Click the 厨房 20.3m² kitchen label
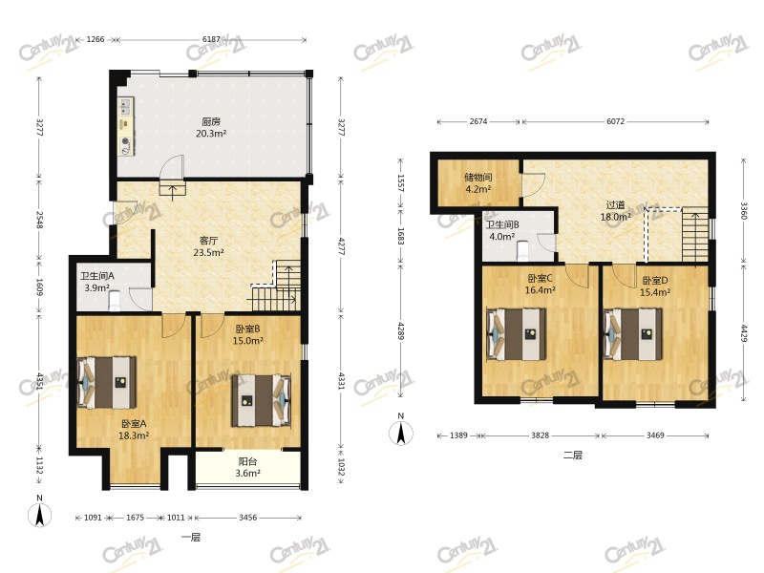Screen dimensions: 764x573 coord(211,127)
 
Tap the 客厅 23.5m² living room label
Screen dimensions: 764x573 coord(208,246)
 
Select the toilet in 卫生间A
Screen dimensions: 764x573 coord(115,300)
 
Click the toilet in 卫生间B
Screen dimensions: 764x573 coord(522,250)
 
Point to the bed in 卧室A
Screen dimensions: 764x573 coord(107,383)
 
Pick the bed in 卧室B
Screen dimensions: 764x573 coord(262,400)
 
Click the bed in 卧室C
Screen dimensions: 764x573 coord(517,334)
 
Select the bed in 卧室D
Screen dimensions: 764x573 coord(633,334)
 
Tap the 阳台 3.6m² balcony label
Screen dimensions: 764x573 coord(247,467)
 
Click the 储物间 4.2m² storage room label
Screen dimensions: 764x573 coord(478,182)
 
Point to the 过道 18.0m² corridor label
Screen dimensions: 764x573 coord(615,211)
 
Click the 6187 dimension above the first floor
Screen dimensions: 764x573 coord(211,39)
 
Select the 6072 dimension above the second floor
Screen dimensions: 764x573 coord(615,121)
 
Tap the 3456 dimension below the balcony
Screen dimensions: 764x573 coord(247,518)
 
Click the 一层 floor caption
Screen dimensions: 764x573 coord(191,537)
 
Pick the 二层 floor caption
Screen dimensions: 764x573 coord(573,456)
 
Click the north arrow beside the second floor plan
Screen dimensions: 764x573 coord(401,433)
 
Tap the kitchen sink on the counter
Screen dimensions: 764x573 coord(126,107)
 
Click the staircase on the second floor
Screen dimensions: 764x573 coord(695,235)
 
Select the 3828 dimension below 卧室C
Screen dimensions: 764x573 coord(540,435)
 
